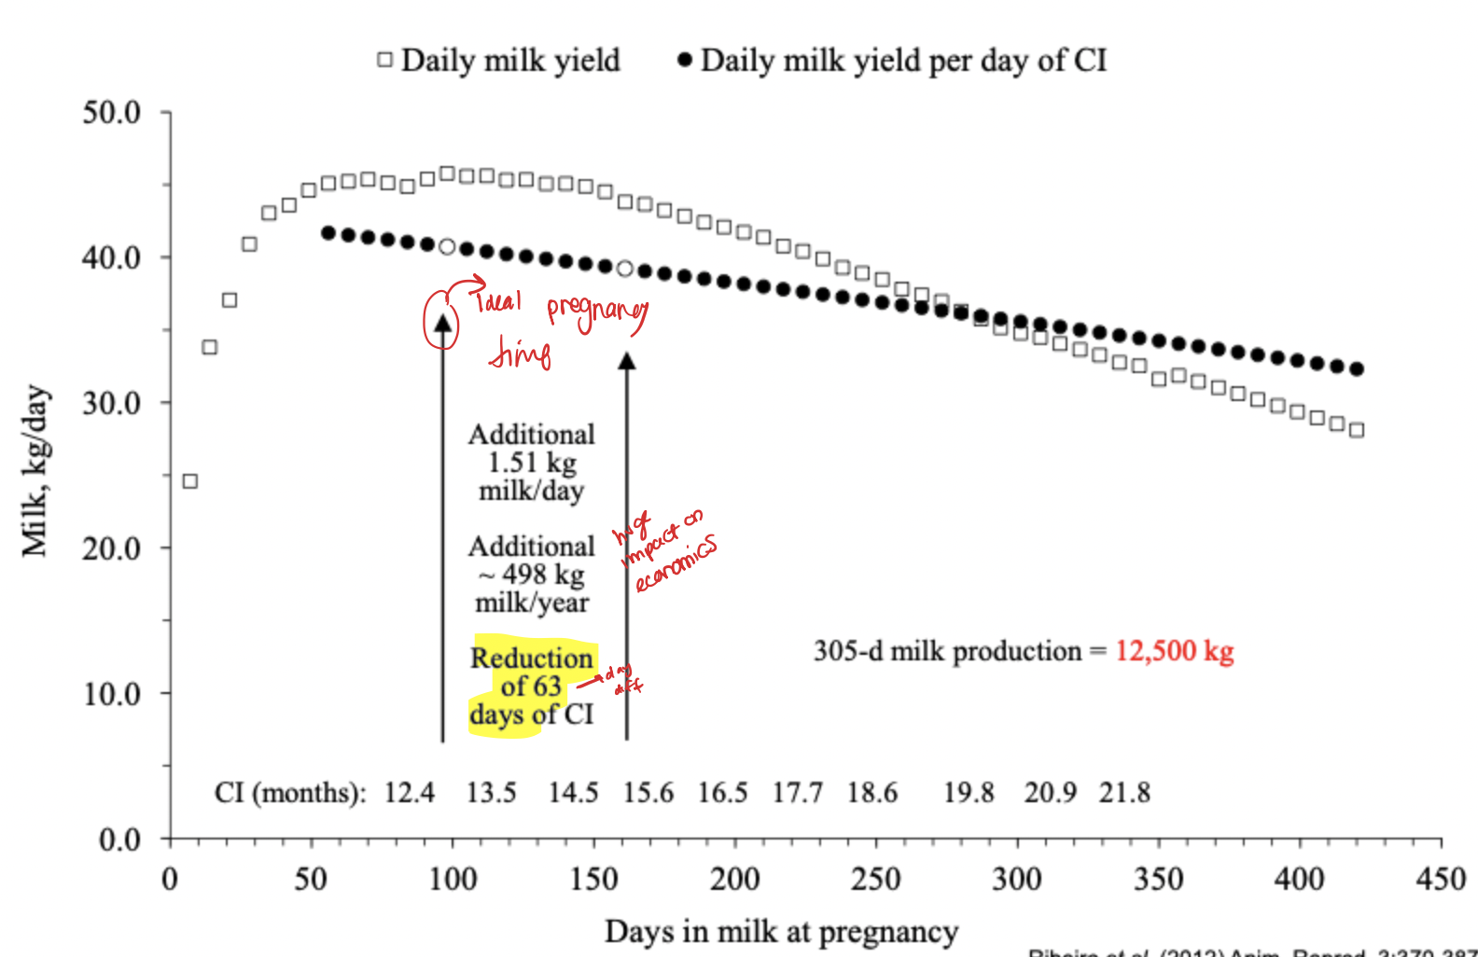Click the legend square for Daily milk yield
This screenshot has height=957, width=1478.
(x=384, y=60)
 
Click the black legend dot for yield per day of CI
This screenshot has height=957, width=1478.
(x=684, y=60)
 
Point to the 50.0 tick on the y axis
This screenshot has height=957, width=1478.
(x=112, y=113)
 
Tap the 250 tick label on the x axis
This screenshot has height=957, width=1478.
(x=875, y=879)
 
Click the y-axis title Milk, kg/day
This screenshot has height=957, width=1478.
(x=35, y=471)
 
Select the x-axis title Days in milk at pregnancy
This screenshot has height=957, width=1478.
(x=781, y=931)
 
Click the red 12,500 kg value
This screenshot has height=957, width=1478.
(x=1174, y=650)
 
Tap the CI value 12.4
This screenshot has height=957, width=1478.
(x=410, y=793)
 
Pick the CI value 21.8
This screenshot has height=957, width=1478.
(x=1124, y=793)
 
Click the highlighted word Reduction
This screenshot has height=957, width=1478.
(x=531, y=658)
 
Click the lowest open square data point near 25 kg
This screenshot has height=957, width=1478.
(x=190, y=481)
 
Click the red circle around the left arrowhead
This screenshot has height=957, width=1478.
(x=441, y=321)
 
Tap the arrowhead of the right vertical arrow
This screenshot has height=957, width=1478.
(x=627, y=361)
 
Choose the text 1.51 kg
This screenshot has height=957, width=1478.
(x=532, y=463)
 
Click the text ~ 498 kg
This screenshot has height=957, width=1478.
(x=532, y=575)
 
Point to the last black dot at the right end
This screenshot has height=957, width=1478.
(x=1357, y=369)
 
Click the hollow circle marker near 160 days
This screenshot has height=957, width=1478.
(x=625, y=269)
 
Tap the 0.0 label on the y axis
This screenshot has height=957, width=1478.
(x=119, y=839)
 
